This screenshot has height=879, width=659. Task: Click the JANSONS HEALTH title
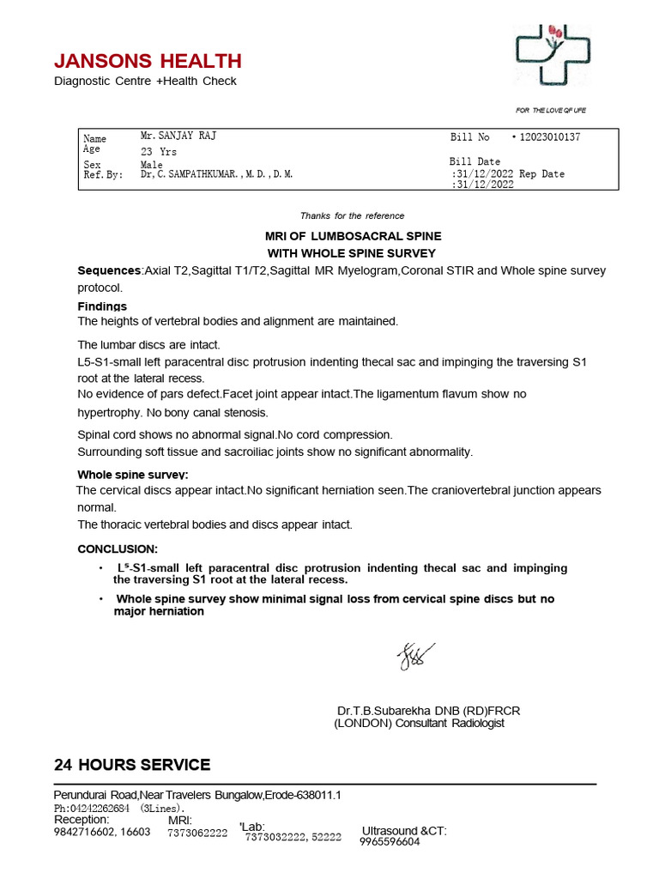(148, 61)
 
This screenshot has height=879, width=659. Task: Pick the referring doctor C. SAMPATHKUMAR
(216, 173)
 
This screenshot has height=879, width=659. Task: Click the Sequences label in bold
(109, 270)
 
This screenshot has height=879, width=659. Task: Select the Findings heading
(102, 306)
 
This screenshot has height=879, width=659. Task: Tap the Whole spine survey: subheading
(133, 475)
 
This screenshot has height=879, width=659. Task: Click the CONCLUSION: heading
(118, 549)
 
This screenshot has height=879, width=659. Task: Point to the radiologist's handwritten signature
(415, 658)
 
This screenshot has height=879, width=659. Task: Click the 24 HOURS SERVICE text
(132, 765)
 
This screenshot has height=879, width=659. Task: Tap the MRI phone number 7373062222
(197, 833)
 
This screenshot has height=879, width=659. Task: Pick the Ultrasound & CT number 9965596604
(390, 842)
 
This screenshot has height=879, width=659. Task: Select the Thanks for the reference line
(352, 215)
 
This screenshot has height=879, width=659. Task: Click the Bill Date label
(475, 161)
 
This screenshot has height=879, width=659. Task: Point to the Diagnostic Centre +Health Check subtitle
(145, 82)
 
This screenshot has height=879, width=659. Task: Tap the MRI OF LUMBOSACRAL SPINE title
(353, 235)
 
